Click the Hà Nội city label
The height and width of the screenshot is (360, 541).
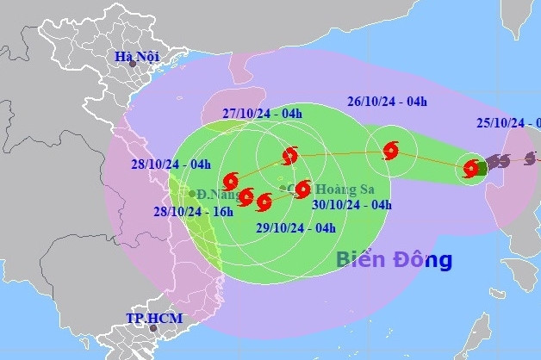[135, 58]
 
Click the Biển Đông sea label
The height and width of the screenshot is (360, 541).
[393, 258]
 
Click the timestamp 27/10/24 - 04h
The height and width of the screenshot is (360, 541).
[262, 114]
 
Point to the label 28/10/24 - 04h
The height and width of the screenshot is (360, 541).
[171, 164]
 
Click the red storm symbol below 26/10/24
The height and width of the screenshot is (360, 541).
[390, 152]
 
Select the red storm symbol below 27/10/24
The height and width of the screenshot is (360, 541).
[290, 156]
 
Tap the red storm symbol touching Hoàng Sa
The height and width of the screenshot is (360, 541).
[302, 189]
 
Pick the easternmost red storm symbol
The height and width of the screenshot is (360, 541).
[470, 169]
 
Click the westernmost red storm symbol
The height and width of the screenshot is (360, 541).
[230, 181]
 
